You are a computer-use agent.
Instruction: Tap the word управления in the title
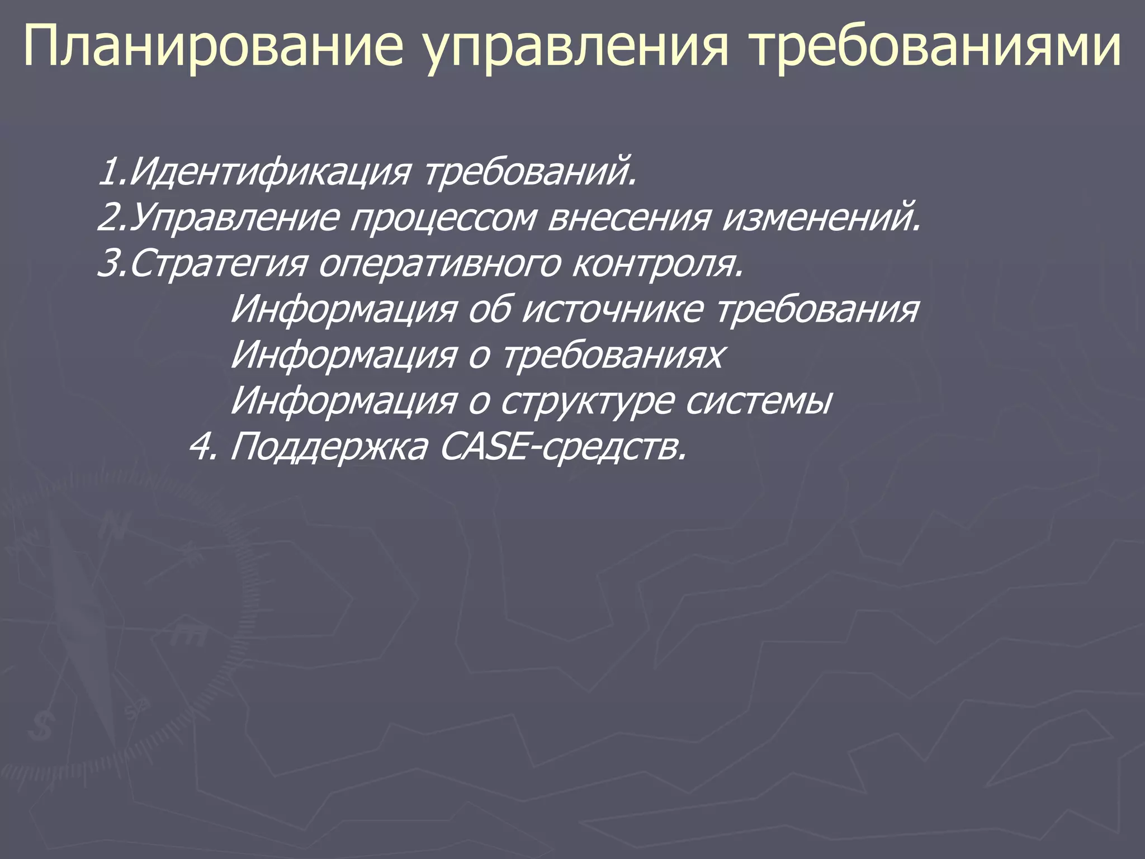click(576, 48)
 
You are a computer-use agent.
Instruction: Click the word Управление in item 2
click(235, 218)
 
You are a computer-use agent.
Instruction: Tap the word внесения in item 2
click(628, 218)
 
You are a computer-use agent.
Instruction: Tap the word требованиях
click(613, 355)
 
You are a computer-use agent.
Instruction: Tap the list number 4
click(200, 446)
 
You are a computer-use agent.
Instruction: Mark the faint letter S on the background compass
click(40, 727)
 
